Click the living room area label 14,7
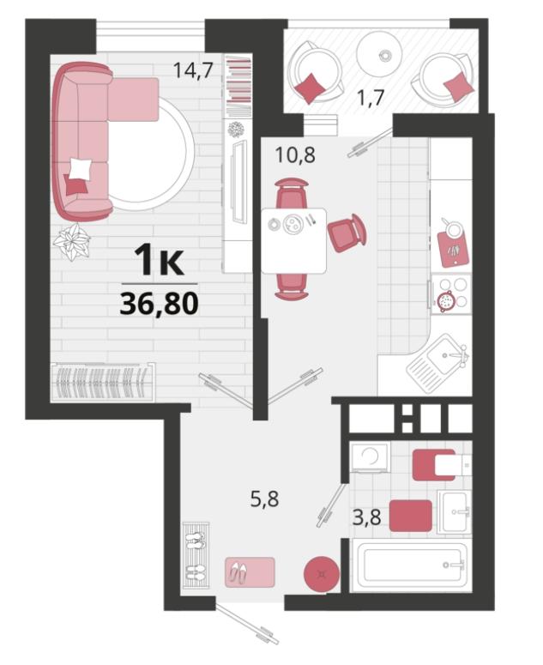[192, 70]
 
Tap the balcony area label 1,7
[370, 98]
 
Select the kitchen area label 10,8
[295, 154]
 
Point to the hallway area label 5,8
[264, 499]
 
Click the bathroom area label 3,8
[367, 517]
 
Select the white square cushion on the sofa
[79, 169]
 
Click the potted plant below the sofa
[72, 242]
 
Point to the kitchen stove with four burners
[451, 294]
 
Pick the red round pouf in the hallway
[322, 574]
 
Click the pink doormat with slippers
[250, 572]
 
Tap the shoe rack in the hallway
[196, 555]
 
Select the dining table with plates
[293, 240]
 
